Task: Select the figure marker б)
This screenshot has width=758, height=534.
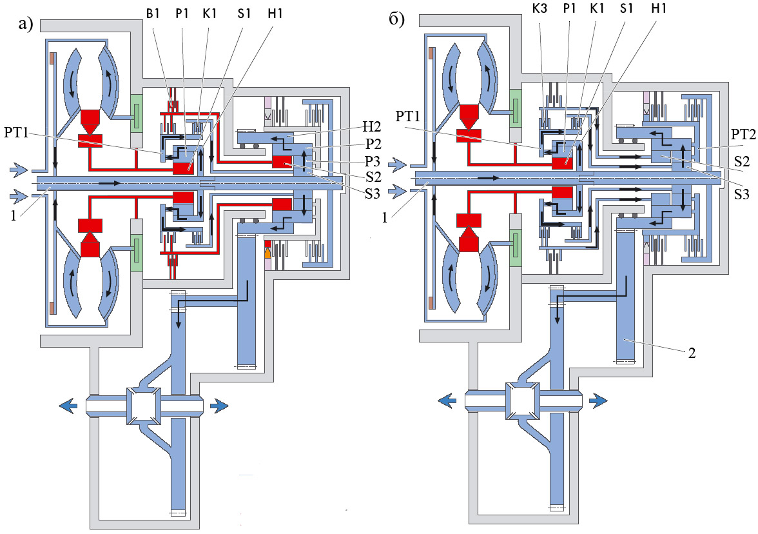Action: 397,19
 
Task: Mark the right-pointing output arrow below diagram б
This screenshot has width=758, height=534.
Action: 597,400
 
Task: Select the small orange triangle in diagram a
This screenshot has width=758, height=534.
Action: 267,254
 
